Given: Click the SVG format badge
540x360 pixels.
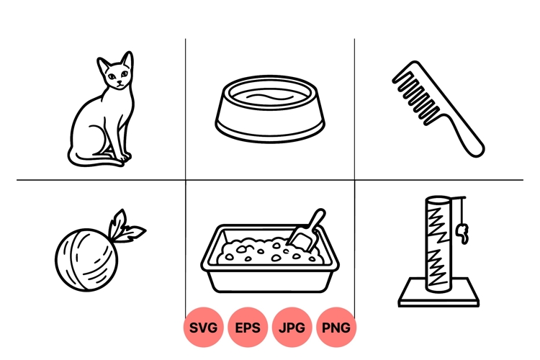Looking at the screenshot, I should point(204,328).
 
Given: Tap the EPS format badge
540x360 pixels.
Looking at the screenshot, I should point(248,328).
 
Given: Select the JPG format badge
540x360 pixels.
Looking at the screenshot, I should point(292,328).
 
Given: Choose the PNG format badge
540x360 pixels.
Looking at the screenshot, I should point(336,328).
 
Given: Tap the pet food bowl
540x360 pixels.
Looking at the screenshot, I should point(270,112).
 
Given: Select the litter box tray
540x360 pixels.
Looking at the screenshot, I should point(270,270).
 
